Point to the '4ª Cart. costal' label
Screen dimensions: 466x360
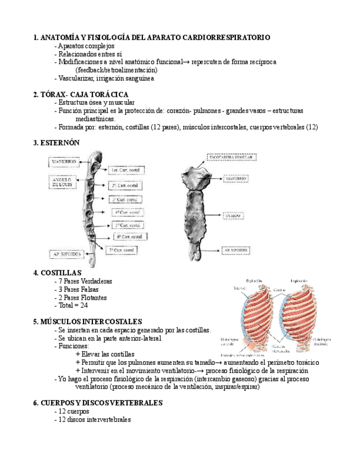click(x=129, y=212)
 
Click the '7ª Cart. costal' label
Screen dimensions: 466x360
click(x=121, y=250)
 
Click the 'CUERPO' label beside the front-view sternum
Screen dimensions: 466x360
click(x=230, y=216)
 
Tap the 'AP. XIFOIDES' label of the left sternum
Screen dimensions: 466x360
click(x=67, y=254)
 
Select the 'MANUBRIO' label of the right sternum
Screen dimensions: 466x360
click(x=236, y=179)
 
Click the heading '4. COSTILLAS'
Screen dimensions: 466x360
click(x=57, y=273)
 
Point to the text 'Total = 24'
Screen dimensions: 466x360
click(x=73, y=306)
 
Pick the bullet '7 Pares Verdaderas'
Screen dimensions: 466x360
click(x=85, y=281)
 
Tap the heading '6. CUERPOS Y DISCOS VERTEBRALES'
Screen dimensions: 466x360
click(x=98, y=403)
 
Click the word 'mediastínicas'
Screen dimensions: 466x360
click(x=95, y=119)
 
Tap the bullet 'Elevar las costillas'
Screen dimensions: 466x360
click(x=107, y=354)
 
